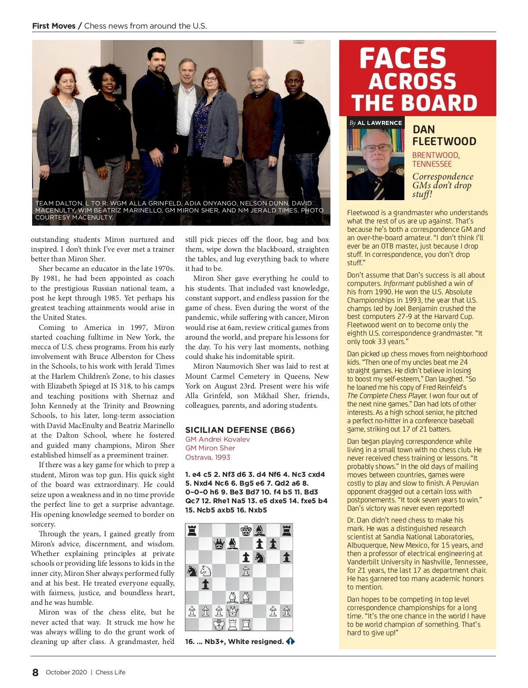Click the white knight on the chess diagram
pos(205,571)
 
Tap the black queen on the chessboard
pos(219,544)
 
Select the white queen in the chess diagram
pos(232,611)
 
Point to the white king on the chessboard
pos(219,624)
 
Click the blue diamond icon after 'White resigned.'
pos(290,641)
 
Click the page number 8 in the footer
pos(35,672)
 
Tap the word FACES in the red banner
pos(403,59)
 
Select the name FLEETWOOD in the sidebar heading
pos(444,141)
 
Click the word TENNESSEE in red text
pos(432,164)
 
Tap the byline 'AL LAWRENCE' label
pos(379,123)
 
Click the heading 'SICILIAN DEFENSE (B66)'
pos(240,430)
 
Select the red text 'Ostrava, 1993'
pos(208,457)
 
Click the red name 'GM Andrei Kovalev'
pos(217,439)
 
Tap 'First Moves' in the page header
pos(54,26)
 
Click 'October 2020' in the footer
pos(66,672)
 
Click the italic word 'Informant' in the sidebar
pos(399,283)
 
